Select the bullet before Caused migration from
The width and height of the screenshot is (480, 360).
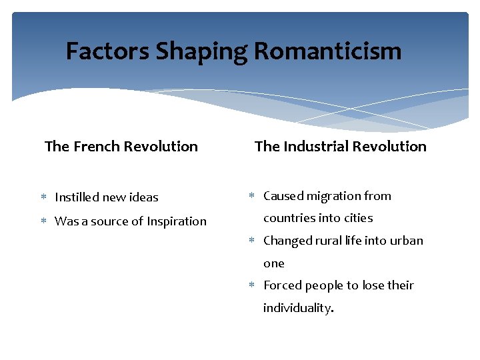coord(252,196)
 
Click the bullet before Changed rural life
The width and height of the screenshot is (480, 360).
coord(252,241)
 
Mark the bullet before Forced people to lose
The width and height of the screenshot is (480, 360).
coord(252,285)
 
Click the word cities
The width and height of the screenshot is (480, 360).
coord(358,218)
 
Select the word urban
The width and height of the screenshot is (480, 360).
coord(406,241)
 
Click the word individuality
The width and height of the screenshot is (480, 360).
coord(298,308)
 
